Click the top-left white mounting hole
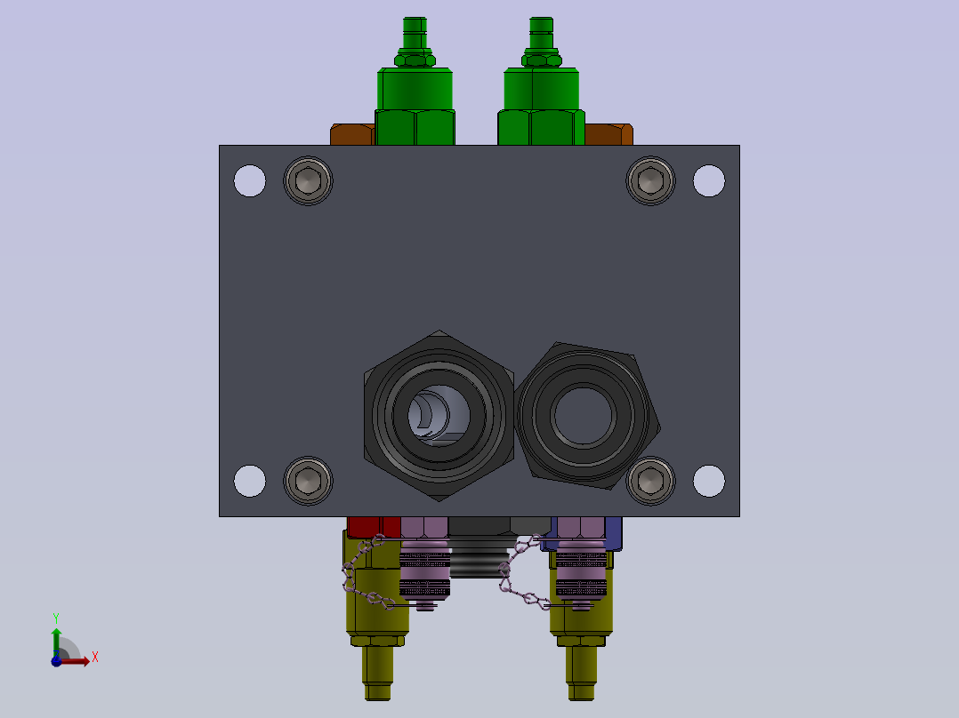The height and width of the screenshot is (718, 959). coord(249,181)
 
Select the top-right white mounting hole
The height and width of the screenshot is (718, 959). coord(709,181)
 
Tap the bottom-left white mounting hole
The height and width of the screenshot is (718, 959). coord(249,481)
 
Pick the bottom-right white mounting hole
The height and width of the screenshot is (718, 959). coord(709,481)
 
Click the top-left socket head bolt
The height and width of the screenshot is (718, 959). coord(308,181)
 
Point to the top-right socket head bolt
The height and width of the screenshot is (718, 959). coord(651,181)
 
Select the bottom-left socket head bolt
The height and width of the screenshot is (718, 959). coord(308,481)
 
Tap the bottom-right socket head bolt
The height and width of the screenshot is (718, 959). coord(651,481)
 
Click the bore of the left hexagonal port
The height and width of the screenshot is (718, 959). coord(439,416)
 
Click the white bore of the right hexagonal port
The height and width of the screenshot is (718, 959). coord(583,416)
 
